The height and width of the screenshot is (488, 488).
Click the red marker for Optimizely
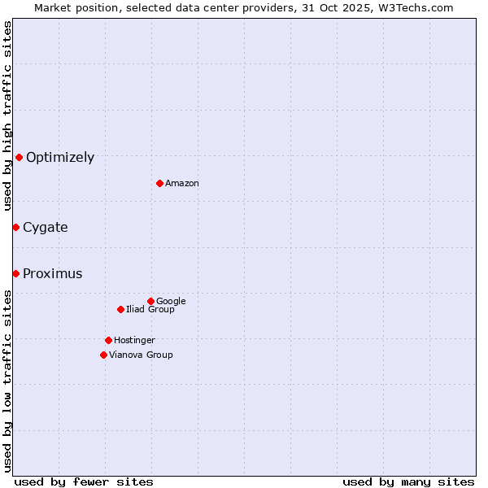pyautogui.click(x=19, y=157)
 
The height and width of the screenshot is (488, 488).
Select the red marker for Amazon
pyautogui.click(x=159, y=183)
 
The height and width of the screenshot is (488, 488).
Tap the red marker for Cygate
pyautogui.click(x=15, y=227)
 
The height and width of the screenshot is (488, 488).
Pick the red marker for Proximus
pyautogui.click(x=15, y=273)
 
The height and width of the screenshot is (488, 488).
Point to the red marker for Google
pyautogui.click(x=150, y=301)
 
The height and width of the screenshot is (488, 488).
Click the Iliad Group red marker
pyautogui.click(x=120, y=309)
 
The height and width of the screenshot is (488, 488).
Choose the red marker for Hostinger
pyautogui.click(x=108, y=340)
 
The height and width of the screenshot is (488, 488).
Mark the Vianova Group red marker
pyautogui.click(x=103, y=355)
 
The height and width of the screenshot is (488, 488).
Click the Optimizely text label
pyautogui.click(x=60, y=158)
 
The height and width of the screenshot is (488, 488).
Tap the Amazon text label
pyautogui.click(x=182, y=184)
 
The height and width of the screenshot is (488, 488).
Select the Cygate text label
pyautogui.click(x=46, y=228)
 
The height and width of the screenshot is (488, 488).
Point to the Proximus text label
pyautogui.click(x=53, y=274)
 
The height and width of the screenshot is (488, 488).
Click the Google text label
pyautogui.click(x=171, y=302)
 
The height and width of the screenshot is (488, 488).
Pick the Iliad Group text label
pyautogui.click(x=150, y=310)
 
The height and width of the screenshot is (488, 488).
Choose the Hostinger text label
pyautogui.click(x=134, y=341)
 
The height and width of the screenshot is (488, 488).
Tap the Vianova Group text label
pyautogui.click(x=141, y=355)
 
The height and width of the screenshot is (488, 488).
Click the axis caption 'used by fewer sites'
pyautogui.click(x=84, y=481)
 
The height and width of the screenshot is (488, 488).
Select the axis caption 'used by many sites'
pyautogui.click(x=408, y=481)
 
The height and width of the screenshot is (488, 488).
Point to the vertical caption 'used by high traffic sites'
pyautogui.click(x=7, y=116)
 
